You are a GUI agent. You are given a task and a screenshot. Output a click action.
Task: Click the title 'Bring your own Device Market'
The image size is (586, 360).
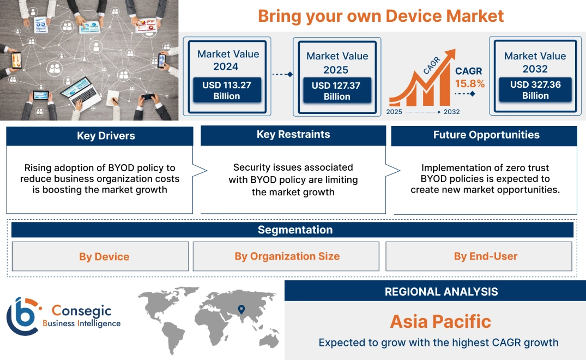point(380,16)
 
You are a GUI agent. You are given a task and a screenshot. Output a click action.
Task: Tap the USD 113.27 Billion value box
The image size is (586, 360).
point(226,91)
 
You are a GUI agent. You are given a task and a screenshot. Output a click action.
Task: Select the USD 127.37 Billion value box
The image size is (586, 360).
point(337,91)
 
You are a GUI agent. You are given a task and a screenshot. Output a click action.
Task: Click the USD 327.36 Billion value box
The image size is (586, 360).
point(535,90)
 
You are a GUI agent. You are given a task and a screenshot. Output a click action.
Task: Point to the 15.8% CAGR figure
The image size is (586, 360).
point(470,84)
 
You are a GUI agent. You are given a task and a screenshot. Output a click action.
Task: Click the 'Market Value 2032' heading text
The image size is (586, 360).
point(535,62)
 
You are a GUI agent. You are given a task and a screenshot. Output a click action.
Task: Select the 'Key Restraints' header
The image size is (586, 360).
point(293,135)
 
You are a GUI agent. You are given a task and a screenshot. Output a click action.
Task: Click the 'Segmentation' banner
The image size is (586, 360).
point(295,230)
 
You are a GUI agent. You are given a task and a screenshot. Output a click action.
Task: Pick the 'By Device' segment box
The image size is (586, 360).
point(104,256)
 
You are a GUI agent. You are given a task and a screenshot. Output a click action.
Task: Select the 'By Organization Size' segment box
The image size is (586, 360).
point(287,256)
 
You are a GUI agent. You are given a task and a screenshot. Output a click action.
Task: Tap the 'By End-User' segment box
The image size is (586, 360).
point(485,256)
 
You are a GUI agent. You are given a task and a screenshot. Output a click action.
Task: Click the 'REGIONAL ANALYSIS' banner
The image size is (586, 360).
point(441,291)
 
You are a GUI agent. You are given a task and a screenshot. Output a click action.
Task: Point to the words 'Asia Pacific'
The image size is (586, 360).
point(440,321)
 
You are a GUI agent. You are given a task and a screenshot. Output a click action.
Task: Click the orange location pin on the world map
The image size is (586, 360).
point(241,310)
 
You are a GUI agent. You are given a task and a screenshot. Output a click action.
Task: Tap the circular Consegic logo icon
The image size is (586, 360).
point(23,316)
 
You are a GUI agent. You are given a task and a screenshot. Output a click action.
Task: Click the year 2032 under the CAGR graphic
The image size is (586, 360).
point(451,112)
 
